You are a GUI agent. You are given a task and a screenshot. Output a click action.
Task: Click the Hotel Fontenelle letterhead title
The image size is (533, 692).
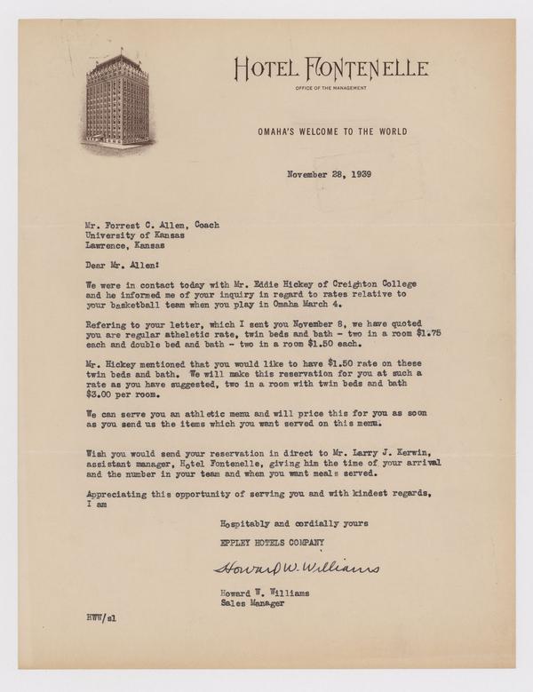click(x=330, y=68)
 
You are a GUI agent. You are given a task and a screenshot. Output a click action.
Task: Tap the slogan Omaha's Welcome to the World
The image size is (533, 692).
click(x=331, y=131)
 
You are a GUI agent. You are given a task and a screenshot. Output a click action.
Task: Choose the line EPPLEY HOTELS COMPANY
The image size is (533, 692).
click(x=273, y=541)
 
